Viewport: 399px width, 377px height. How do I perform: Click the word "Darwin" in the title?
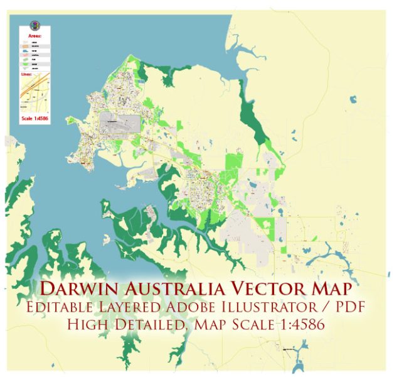click(x=78, y=290)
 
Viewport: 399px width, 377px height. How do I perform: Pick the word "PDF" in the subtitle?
click(x=343, y=309)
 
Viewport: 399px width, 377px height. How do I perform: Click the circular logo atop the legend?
click(x=35, y=26)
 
